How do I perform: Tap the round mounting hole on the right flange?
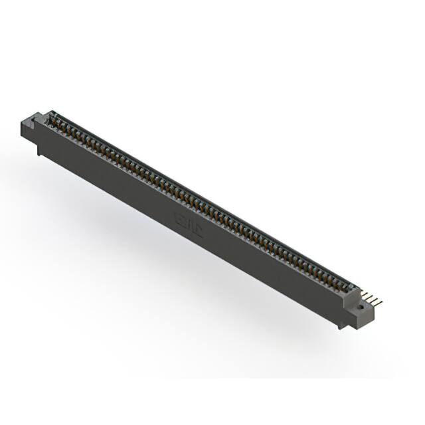coord(361,306)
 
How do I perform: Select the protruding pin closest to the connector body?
coord(365,294)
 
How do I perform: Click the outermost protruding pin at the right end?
coord(379,303)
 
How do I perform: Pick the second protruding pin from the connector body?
coord(369,297)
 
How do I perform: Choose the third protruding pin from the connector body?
coord(374,300)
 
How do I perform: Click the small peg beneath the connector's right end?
coord(340,327)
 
